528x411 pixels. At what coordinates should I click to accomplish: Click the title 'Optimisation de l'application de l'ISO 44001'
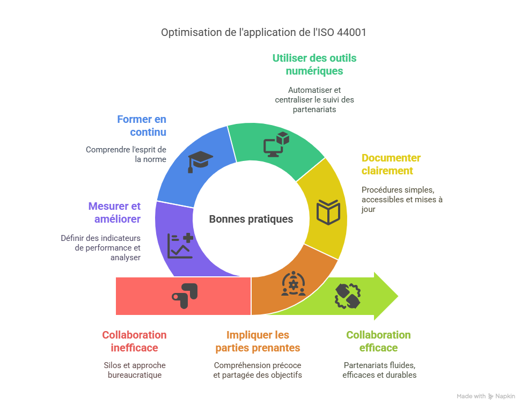263,32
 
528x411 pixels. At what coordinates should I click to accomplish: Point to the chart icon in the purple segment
180,246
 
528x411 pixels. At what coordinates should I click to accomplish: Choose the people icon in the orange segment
294,284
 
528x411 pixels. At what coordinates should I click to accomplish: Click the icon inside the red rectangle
185,295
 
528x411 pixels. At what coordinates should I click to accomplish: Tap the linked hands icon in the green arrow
348,296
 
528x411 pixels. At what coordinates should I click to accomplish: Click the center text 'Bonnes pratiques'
251,219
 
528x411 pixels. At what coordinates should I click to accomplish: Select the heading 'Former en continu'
142,126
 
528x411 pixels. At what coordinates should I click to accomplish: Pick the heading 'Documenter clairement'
391,164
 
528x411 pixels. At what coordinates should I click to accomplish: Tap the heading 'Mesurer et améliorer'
114,212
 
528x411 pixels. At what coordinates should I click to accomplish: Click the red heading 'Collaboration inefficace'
134,341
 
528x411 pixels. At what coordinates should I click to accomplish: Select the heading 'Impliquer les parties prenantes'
258,341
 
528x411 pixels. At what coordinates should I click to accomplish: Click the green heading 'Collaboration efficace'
378,341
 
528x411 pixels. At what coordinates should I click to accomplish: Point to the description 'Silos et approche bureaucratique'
134,370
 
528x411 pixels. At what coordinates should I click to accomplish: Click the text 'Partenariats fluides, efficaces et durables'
379,370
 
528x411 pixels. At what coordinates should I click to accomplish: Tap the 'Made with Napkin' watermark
486,397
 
